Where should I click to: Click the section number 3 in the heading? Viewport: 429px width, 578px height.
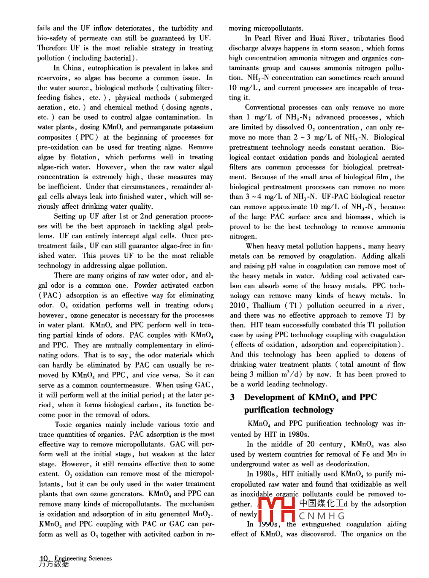point(232,397)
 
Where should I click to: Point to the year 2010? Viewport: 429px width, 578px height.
point(238,306)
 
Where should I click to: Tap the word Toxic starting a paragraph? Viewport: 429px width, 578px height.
point(64,425)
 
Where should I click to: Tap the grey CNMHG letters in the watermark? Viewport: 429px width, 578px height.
point(322,516)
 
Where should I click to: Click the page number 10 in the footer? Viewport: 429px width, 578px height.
point(43,559)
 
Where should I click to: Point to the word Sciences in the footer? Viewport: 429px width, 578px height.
point(100,558)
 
